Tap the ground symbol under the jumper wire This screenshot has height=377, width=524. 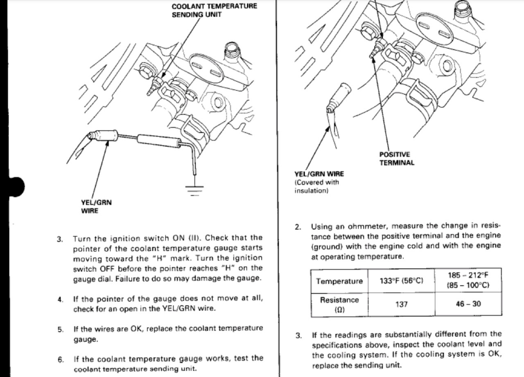194,190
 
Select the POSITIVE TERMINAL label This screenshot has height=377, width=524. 396,159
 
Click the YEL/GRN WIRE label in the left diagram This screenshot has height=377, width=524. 96,206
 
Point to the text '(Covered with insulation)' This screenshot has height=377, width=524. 316,186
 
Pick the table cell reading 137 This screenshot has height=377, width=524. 401,304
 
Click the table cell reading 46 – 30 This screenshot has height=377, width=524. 468,304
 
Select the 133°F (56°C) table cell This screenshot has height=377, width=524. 401,281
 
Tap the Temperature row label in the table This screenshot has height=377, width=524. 339,281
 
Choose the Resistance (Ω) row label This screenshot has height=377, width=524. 339,305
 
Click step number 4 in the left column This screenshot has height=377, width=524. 61,299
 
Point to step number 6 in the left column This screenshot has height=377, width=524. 61,360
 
